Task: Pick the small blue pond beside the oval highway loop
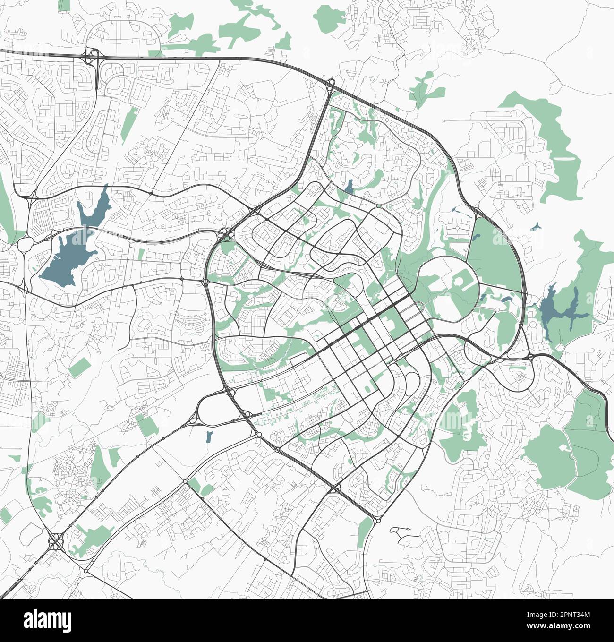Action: (x=209, y=436)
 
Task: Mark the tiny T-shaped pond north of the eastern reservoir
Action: (x=535, y=227)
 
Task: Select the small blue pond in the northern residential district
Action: (x=350, y=187)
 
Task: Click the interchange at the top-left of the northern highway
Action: (x=91, y=56)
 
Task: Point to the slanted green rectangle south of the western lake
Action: (x=79, y=367)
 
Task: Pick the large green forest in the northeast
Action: (x=543, y=142)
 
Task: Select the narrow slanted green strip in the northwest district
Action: (x=129, y=125)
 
